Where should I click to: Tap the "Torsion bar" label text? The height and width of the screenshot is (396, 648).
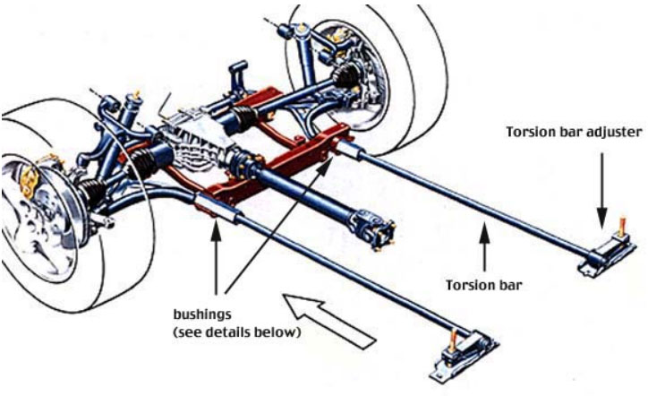click(484, 285)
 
